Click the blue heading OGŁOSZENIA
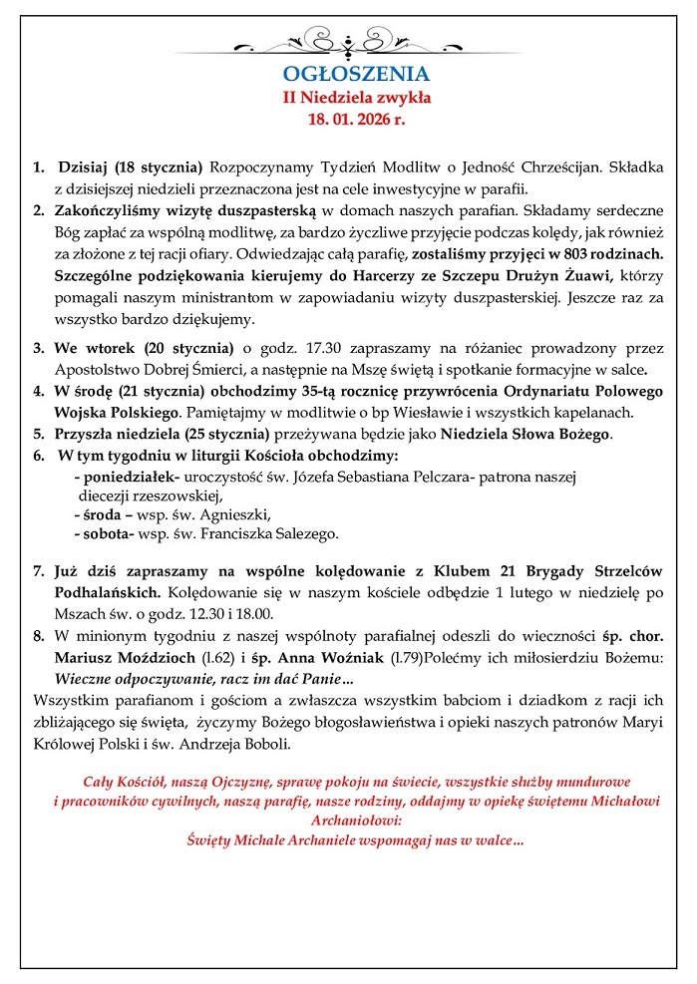(x=356, y=74)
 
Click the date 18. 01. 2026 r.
(x=356, y=120)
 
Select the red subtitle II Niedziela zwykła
(x=356, y=98)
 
